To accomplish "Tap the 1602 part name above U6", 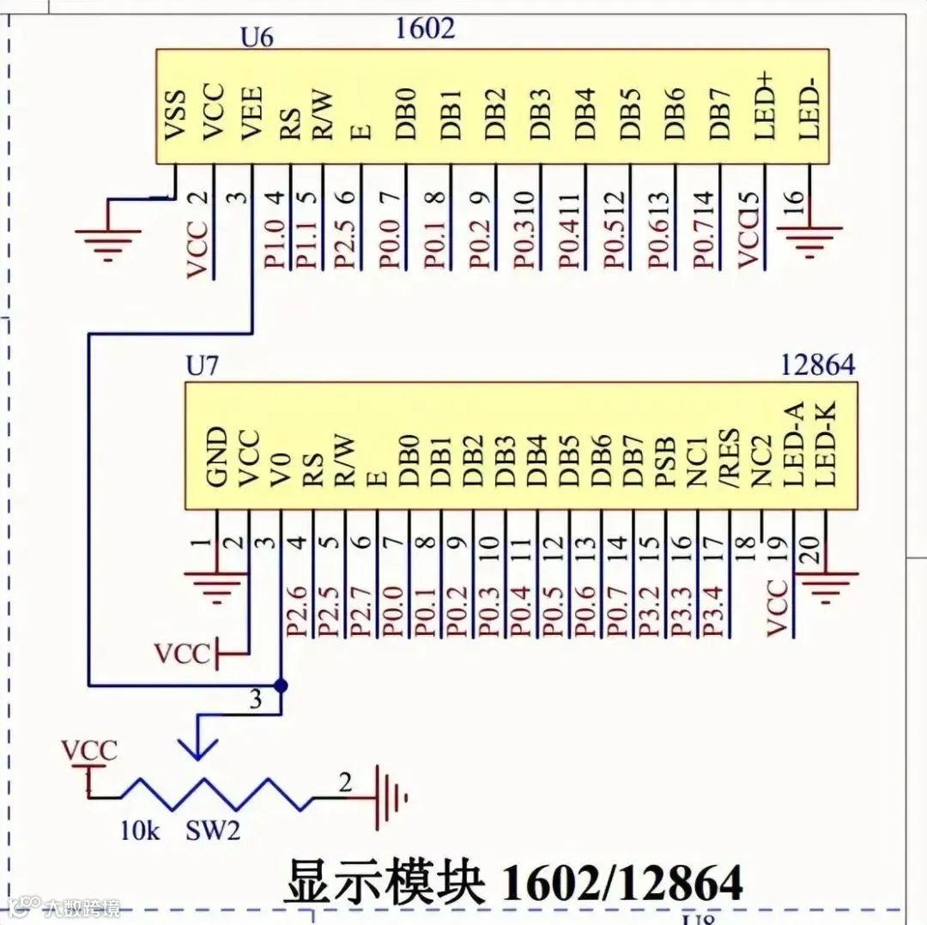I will coord(425,27).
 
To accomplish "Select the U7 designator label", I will coord(203,366).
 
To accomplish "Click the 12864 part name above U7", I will coord(817,365).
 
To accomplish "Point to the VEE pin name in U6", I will coord(251,113).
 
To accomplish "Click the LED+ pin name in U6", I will coord(764,106).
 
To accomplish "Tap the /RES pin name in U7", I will coord(729,456).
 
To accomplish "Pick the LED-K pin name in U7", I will coord(825,446).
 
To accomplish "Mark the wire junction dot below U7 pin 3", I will coord(281,686).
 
